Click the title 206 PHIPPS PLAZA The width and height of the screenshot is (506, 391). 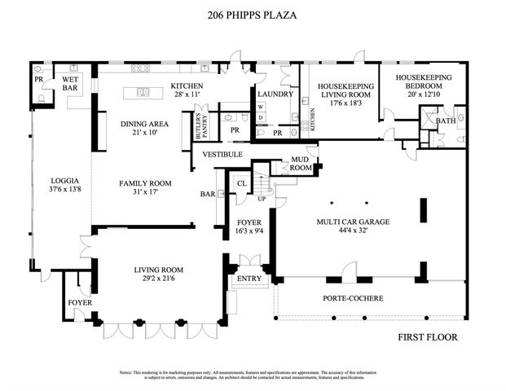[x=253, y=14]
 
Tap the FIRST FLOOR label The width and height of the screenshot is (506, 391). [x=428, y=336]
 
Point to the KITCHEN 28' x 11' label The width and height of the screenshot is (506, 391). [x=187, y=90]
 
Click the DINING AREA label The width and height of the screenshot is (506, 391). [x=143, y=129]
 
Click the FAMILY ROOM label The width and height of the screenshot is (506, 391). [x=143, y=188]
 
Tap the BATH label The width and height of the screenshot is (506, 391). [x=446, y=121]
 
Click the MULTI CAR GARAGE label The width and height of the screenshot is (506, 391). [x=349, y=226]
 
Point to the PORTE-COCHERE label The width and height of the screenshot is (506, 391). [x=353, y=298]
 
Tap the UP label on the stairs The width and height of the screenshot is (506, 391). [x=261, y=198]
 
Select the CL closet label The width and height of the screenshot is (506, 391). [x=242, y=184]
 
